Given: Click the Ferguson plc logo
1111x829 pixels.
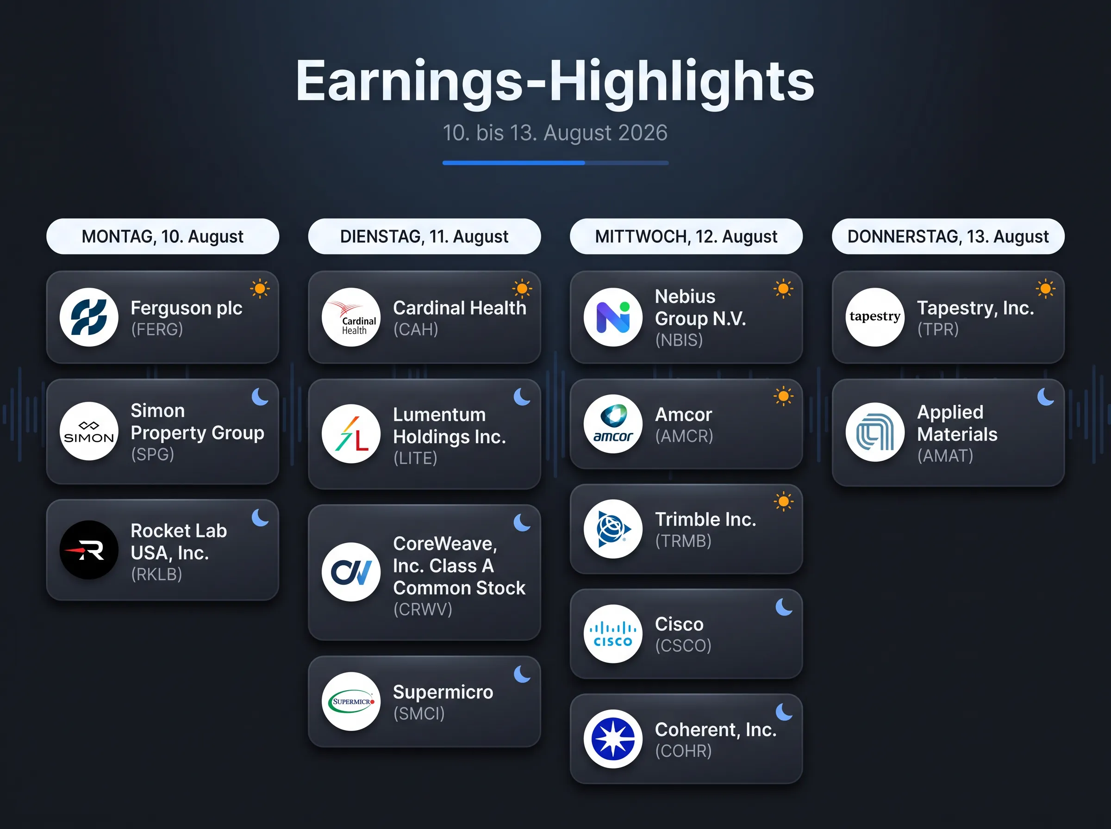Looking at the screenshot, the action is [x=89, y=317].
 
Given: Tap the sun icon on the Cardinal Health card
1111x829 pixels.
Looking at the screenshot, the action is [x=522, y=289].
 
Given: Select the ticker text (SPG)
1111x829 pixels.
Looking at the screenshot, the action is [x=153, y=454].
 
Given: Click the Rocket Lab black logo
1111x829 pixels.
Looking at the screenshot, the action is [x=89, y=550].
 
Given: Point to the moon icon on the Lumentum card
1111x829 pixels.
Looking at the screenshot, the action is [x=522, y=396].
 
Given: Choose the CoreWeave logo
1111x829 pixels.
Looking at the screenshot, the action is [x=351, y=572].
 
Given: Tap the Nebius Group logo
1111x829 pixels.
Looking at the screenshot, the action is [x=613, y=317].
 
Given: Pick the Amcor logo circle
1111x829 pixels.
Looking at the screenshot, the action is [x=613, y=424].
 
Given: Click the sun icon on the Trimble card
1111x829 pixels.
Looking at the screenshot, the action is [x=784, y=501].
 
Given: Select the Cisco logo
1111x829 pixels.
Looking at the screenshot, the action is [x=613, y=634].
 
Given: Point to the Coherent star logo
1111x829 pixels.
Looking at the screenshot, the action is [x=613, y=739].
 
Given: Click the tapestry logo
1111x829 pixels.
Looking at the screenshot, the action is [x=875, y=317].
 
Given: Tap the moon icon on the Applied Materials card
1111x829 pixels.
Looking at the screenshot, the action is [x=1046, y=396].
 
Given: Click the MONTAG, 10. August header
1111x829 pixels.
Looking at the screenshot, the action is [x=162, y=236].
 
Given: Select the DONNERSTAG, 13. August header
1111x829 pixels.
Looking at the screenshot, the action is [x=949, y=236].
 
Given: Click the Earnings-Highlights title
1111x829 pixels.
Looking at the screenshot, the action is [x=555, y=81].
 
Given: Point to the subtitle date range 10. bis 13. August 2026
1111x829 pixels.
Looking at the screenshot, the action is [x=555, y=133].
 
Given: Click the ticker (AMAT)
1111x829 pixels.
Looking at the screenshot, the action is [x=945, y=456].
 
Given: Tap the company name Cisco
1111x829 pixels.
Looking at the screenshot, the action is [x=679, y=624].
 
